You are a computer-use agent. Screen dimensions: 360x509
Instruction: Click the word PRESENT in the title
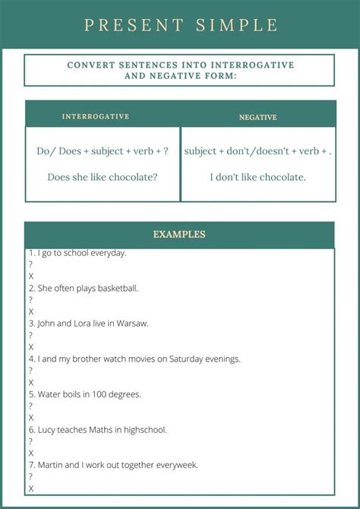click(x=134, y=25)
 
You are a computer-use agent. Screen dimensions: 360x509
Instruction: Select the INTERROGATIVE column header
click(x=96, y=117)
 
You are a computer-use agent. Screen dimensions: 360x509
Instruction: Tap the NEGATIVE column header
click(x=258, y=118)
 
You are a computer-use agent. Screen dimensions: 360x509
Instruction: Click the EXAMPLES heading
click(x=179, y=235)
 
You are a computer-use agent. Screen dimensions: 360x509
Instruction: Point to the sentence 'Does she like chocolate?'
click(x=103, y=177)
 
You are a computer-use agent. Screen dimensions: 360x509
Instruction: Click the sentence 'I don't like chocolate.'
click(x=258, y=177)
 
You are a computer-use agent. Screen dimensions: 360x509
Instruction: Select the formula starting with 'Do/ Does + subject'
click(x=103, y=151)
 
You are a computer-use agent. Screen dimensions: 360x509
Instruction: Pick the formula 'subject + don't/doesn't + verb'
click(x=258, y=151)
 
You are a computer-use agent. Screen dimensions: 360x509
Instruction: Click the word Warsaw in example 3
click(x=133, y=324)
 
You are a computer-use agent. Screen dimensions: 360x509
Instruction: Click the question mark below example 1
click(x=30, y=264)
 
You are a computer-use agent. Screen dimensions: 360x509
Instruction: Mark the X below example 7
click(x=30, y=488)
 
